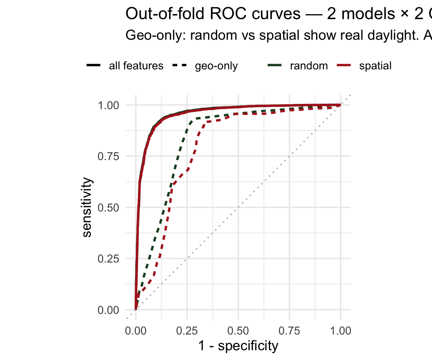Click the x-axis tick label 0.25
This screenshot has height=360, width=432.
tap(187, 331)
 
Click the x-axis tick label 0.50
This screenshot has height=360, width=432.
tap(238, 331)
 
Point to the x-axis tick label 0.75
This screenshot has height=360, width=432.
tap(289, 331)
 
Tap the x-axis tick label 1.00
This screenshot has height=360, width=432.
tap(340, 331)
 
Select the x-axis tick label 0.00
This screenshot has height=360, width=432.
tap(136, 331)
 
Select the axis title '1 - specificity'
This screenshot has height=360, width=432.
tap(238, 346)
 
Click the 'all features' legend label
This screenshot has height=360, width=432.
tap(136, 66)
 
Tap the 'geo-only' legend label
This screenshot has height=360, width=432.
tap(216, 66)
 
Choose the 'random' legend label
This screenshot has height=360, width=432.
tap(309, 66)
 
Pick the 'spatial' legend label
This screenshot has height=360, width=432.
tap(375, 66)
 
